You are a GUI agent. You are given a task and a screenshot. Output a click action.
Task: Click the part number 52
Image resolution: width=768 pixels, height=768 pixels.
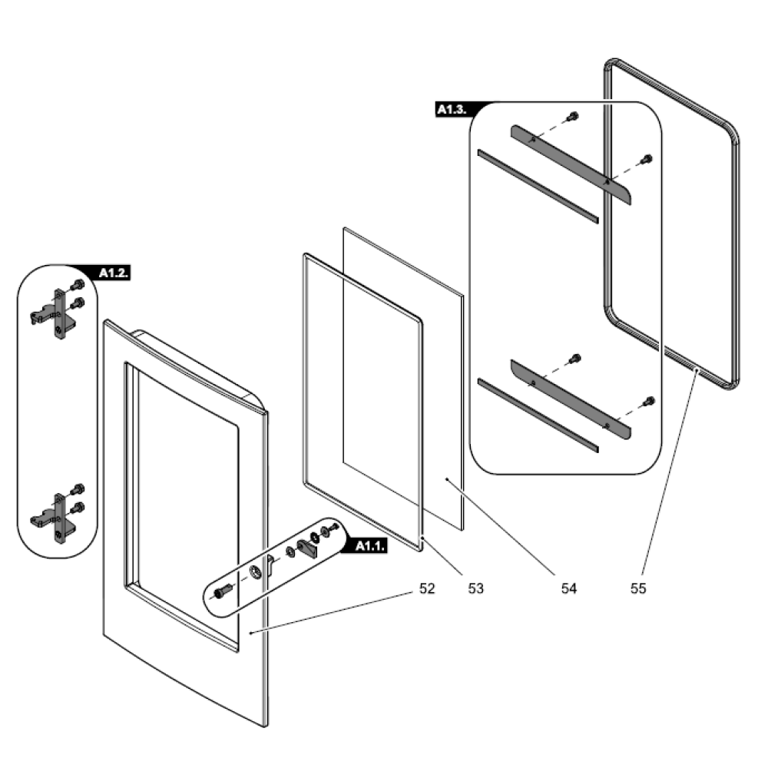[x=427, y=588]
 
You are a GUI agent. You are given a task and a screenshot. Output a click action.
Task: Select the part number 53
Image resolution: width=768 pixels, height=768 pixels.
[x=476, y=588]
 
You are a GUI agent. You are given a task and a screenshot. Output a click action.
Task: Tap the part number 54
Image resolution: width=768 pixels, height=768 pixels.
[x=568, y=588]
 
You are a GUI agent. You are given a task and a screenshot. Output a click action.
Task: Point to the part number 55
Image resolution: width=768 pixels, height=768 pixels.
[x=638, y=588]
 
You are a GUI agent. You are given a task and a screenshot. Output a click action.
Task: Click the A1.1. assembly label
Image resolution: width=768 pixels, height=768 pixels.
[x=370, y=546]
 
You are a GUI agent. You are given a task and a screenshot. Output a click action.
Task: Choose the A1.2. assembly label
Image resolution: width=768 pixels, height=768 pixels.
[x=114, y=273]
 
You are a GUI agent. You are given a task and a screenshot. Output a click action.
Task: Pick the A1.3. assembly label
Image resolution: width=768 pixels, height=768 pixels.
[x=452, y=110]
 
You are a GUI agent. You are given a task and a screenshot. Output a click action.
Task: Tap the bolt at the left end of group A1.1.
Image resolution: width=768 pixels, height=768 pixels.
[x=223, y=592]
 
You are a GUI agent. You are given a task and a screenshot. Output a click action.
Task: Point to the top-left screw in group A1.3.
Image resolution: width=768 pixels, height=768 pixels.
[x=571, y=117]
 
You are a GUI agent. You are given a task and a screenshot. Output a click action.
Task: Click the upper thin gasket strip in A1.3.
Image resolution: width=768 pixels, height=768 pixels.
[x=537, y=186]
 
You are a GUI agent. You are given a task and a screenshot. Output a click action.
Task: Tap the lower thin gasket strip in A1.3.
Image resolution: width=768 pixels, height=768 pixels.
[x=537, y=413]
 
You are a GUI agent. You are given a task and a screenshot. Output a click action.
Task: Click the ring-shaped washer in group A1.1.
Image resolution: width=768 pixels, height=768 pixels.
[x=255, y=572]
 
